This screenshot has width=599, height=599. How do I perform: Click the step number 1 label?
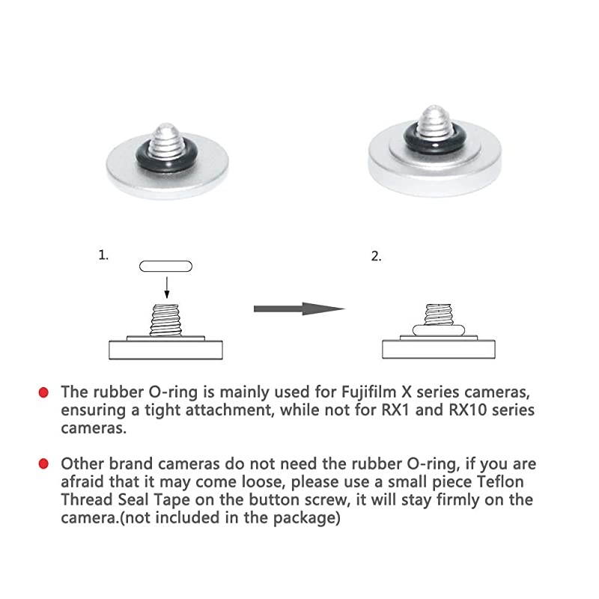click(103, 255)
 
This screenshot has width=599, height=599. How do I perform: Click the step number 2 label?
click(376, 256)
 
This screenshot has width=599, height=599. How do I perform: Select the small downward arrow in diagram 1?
click(167, 287)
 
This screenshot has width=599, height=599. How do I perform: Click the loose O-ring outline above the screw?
click(166, 266)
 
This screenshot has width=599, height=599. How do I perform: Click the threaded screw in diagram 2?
click(440, 314)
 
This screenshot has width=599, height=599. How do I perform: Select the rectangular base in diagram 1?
click(166, 350)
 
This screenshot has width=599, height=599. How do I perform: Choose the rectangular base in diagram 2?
click(440, 350)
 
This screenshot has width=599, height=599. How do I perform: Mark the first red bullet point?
click(43, 392)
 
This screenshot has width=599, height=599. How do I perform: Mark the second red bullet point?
click(43, 465)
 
